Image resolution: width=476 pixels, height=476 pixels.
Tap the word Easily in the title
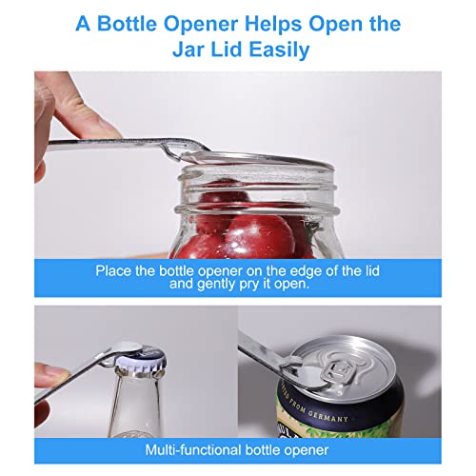[279, 50]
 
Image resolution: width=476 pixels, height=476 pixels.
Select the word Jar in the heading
[188, 50]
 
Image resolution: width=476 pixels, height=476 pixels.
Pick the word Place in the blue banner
[113, 271]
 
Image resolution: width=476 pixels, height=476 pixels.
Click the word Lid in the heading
[227, 50]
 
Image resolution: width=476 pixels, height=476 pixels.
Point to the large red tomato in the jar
[259, 236]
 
